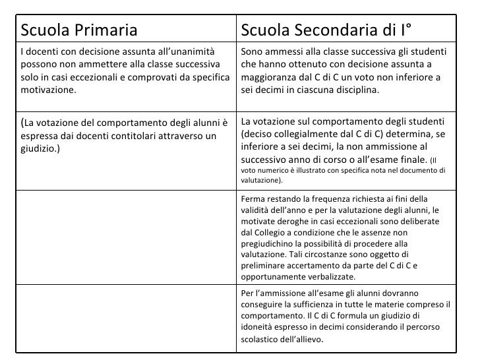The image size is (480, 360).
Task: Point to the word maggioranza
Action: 270,78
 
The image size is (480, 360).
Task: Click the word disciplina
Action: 357,91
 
